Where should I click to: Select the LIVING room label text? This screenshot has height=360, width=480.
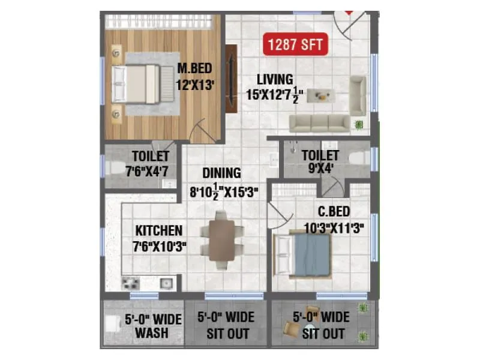(275, 79)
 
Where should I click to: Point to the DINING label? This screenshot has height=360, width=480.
(221, 173)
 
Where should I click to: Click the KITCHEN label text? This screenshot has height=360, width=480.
(158, 230)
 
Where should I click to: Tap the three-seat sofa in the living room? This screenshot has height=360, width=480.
(320, 123)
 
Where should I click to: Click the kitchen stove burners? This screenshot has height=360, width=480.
(130, 282)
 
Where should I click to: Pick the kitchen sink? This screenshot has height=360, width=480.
(165, 281)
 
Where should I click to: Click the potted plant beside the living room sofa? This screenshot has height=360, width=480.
(359, 124)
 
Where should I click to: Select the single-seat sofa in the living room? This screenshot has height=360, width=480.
(358, 95)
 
